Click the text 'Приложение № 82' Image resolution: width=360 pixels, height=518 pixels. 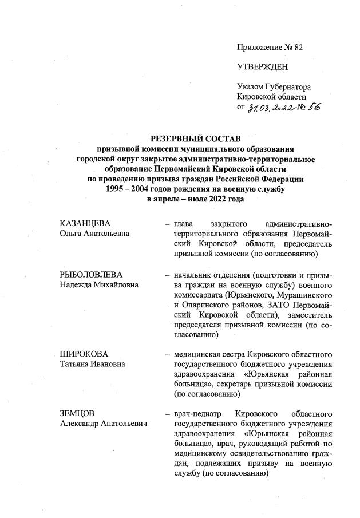[270, 47]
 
